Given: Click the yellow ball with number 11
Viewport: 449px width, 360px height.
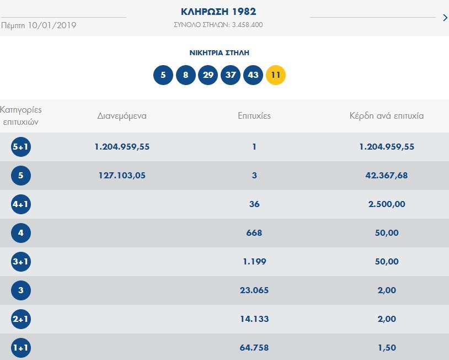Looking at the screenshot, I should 276,75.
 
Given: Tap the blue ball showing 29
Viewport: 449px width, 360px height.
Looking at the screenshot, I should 208,75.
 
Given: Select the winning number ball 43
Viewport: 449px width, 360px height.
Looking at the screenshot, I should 253,75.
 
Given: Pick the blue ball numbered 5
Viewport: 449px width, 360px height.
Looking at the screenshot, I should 163,75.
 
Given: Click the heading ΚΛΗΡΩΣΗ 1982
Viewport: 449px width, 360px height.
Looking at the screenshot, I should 218,12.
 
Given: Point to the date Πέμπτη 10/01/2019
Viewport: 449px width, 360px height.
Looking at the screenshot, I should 39,25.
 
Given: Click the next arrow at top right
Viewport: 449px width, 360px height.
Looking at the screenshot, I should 445,18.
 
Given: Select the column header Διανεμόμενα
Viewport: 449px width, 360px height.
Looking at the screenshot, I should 122,116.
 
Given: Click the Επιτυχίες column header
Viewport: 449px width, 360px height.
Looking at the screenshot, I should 254,116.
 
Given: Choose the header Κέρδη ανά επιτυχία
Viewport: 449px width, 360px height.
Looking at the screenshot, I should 386,116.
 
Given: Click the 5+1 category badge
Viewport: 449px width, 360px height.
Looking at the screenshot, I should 21,147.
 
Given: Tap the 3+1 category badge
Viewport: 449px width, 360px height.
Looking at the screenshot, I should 21,262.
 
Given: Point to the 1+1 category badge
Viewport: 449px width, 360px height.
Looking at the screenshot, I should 21,348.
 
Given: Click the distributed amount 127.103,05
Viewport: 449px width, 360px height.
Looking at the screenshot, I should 122,176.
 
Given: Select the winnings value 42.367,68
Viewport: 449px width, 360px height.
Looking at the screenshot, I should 386,176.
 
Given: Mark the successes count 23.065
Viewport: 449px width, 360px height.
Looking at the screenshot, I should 254,290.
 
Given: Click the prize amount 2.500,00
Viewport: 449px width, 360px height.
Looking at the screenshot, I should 386,204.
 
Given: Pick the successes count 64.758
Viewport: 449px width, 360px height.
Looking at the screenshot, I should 254,348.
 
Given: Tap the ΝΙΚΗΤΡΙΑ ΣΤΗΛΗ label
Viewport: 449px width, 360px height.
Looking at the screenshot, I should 219,52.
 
